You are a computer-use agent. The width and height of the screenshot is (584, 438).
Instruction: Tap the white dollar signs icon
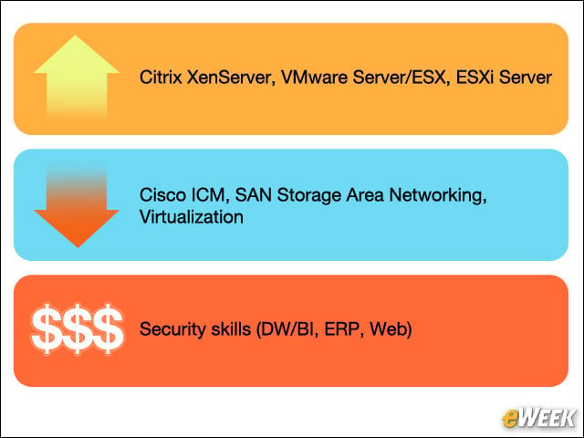[77, 328]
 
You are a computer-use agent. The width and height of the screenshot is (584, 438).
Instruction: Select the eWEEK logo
[538, 418]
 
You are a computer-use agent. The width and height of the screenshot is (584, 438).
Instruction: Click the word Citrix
[161, 78]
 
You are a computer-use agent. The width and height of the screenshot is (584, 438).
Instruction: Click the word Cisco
[162, 195]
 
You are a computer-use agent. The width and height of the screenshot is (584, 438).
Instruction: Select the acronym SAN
[254, 195]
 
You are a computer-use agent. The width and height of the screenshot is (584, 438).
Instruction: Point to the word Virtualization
[192, 217]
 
